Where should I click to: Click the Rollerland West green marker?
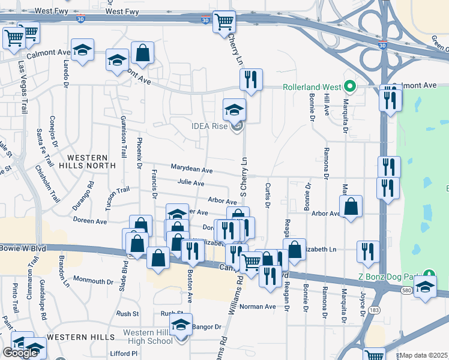point(348,86)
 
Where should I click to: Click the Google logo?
point(20,352)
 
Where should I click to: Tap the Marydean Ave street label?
point(191,170)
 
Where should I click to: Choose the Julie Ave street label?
point(191,183)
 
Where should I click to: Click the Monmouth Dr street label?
point(93,280)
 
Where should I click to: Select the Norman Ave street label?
point(258,307)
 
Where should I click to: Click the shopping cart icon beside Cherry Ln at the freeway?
point(224,23)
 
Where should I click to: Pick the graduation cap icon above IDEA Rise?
point(234,109)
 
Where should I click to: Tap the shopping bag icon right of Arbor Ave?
point(351,206)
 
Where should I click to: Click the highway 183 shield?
point(374,311)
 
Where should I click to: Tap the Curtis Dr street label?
point(268,194)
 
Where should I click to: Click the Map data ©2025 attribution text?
point(423,355)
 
